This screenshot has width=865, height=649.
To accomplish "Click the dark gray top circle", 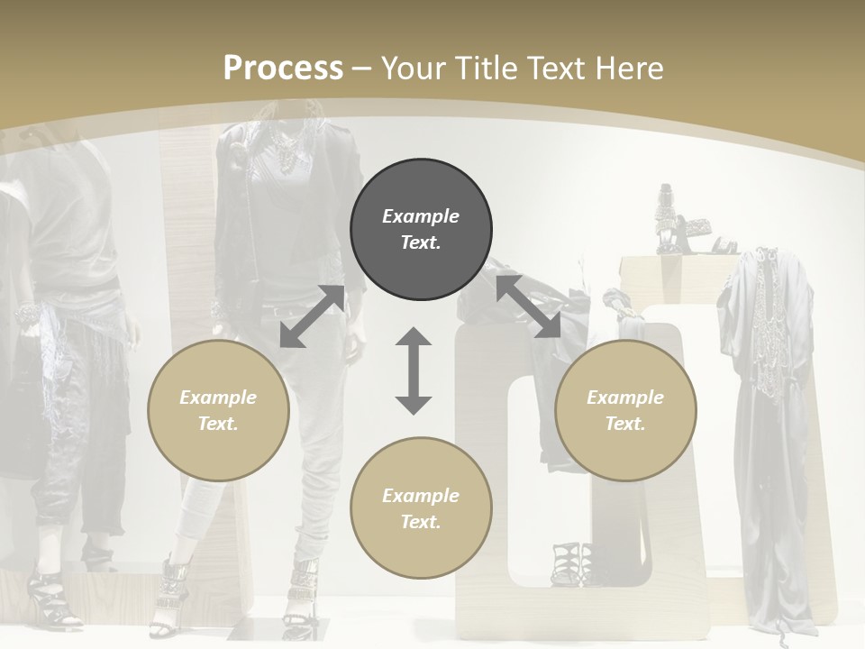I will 421,230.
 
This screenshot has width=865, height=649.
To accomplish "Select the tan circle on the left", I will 218,411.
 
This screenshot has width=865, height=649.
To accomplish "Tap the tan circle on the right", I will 625,411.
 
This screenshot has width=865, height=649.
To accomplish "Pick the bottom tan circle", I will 421,508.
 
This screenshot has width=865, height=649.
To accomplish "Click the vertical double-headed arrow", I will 414,370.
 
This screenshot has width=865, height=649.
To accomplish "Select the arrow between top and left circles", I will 312,316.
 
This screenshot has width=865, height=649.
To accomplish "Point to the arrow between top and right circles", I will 528,306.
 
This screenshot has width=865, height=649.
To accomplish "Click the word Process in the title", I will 283,68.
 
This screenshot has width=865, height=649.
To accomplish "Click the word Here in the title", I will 631,68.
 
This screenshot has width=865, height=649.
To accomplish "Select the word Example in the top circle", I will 421,216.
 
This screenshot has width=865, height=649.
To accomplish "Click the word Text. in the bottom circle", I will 421,522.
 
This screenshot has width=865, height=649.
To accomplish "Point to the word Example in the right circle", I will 625,398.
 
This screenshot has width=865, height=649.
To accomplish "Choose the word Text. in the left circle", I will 218,424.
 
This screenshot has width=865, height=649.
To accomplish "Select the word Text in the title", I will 556,68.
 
